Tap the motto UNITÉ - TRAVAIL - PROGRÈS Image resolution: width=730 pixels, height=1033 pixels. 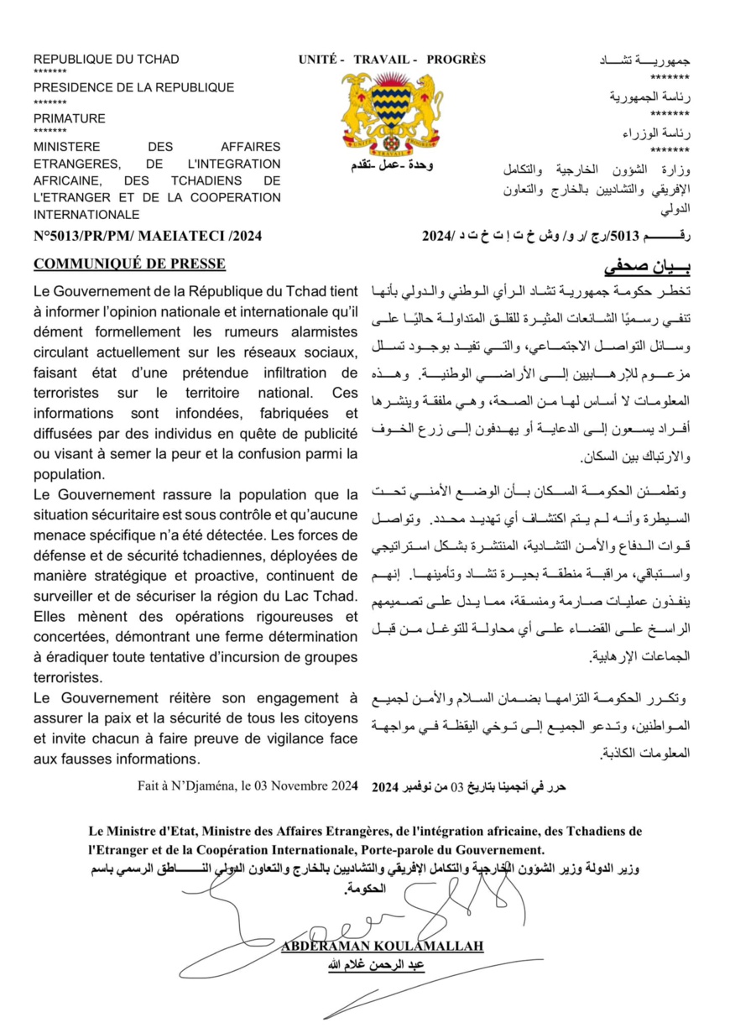392,60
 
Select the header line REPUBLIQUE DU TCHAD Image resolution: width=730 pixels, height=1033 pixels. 107,60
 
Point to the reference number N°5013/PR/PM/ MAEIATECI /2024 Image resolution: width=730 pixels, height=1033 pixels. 148,237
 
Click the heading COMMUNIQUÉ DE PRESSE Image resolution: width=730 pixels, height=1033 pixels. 129,264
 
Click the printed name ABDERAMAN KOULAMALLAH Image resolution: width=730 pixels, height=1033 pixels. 382,947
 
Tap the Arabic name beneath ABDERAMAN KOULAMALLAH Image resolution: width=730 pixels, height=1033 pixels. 382,965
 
